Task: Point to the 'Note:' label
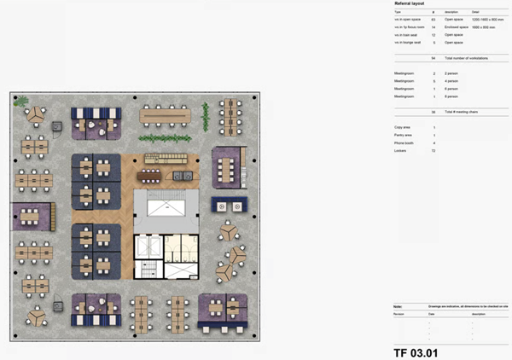pos(398,305)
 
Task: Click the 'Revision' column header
pos(399,313)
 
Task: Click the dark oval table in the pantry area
pos(152,176)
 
